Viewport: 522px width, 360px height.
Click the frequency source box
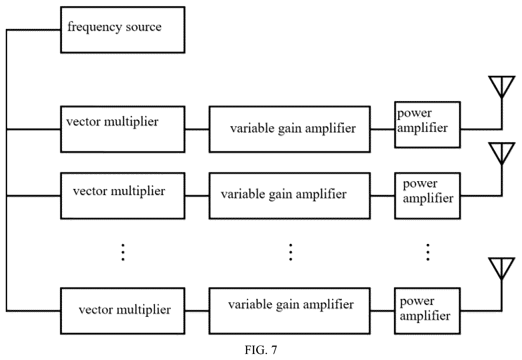coord(123,30)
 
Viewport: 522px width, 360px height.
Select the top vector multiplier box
coord(123,129)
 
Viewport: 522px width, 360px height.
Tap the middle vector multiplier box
coord(123,196)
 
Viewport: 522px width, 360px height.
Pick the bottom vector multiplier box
coord(123,311)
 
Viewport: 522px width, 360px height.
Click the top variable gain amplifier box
coord(290,129)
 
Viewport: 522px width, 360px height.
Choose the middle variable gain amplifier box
coord(290,196)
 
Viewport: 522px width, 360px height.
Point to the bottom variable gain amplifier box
coord(290,311)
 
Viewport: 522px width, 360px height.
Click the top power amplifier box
coord(428,125)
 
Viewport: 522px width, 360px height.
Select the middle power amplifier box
coord(428,196)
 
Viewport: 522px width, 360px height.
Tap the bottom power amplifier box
coord(428,311)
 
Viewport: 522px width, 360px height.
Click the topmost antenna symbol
coord(502,86)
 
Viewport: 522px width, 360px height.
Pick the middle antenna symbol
coord(502,153)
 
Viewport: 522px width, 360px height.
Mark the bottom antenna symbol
coord(502,268)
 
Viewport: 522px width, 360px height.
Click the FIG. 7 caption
coord(261,350)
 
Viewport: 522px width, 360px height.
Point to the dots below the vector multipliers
coord(123,252)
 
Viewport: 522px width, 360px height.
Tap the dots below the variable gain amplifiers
coord(291,252)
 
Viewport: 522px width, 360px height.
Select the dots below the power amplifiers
coord(428,252)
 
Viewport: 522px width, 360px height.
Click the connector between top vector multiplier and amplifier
coord(197,129)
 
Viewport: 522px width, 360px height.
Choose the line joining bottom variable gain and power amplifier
coord(383,311)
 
